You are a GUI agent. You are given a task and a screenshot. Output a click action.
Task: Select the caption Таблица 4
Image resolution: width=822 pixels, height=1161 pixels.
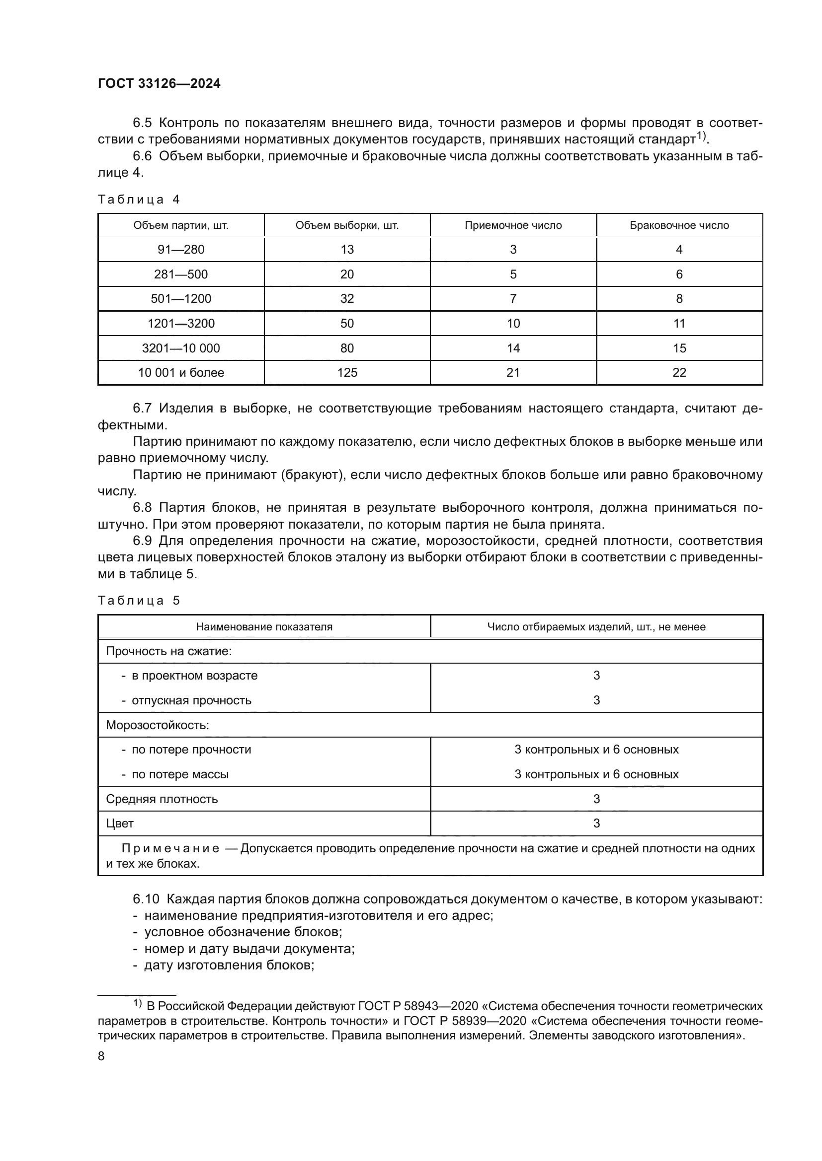[139, 199]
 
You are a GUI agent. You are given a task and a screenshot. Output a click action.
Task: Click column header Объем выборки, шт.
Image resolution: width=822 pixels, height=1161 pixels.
[347, 225]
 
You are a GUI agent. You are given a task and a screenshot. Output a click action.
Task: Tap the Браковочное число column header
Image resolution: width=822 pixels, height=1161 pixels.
[679, 225]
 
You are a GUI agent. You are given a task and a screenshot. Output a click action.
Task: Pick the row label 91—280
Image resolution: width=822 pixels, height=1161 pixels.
[181, 249]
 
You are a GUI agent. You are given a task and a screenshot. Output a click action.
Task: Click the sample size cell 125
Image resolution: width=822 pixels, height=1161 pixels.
[347, 373]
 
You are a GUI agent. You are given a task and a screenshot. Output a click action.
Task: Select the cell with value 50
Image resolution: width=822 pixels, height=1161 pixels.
[347, 324]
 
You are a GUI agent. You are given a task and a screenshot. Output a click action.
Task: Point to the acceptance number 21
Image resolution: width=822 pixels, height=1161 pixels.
[513, 373]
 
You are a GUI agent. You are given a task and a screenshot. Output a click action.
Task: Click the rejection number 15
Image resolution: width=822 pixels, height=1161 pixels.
[679, 348]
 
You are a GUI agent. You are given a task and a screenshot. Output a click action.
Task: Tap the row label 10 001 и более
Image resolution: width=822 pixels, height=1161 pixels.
[181, 373]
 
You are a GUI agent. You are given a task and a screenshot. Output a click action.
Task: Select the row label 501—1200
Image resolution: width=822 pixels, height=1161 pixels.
[181, 299]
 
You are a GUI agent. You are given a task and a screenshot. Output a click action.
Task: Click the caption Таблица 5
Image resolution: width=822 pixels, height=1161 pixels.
[139, 601]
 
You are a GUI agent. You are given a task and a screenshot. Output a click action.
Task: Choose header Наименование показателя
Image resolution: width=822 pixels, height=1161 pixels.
[264, 627]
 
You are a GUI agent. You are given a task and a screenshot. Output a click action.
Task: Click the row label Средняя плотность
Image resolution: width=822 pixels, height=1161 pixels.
[162, 800]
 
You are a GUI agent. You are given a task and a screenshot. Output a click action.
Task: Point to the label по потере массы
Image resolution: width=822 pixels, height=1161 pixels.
[180, 775]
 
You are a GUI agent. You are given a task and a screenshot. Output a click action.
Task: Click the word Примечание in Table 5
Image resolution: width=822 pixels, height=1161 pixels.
[170, 848]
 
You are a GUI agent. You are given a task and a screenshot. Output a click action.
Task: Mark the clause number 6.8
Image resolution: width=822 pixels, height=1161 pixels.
[142, 508]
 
